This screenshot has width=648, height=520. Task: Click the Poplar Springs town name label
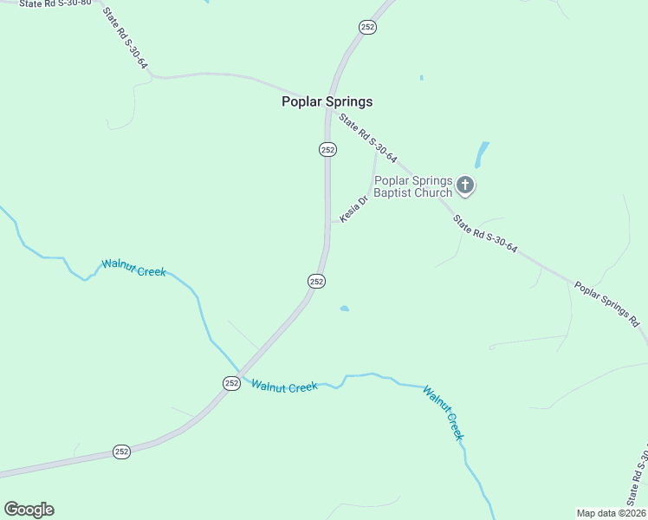click(327, 101)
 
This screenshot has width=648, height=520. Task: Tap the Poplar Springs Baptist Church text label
click(413, 186)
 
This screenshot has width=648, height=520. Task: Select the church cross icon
click(465, 185)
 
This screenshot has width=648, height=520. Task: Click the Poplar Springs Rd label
click(606, 303)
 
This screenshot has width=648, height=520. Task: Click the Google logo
click(29, 510)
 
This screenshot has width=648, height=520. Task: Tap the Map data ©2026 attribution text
click(611, 513)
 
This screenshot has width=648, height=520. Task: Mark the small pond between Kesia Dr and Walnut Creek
click(345, 308)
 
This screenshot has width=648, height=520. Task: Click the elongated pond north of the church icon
click(481, 155)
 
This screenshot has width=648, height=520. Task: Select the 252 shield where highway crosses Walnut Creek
click(231, 382)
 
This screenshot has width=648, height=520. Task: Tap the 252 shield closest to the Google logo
click(122, 452)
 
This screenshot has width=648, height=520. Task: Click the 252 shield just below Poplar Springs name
click(327, 149)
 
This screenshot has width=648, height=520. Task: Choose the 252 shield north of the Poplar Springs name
click(367, 28)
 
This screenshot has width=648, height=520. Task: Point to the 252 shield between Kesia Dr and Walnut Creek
click(316, 281)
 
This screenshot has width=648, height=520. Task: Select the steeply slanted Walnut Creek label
click(443, 413)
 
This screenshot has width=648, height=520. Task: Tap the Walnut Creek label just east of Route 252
click(284, 386)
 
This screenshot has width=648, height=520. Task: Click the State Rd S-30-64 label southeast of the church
click(485, 234)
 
